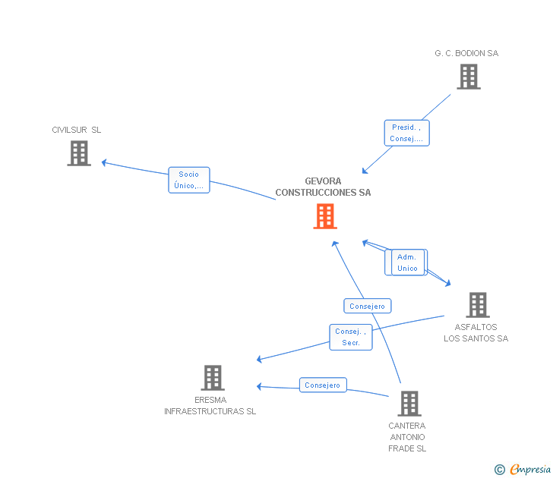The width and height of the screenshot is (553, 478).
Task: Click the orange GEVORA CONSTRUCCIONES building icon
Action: [325, 216]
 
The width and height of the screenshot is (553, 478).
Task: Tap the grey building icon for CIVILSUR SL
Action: [79, 153]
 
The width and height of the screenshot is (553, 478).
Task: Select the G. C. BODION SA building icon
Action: [469, 77]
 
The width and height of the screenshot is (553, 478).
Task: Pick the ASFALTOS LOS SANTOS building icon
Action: [478, 305]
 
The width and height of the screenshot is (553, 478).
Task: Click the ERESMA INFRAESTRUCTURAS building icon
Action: [213, 378]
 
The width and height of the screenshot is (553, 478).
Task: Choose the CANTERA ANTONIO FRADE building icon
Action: [409, 404]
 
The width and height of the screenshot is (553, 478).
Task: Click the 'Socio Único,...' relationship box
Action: [189, 180]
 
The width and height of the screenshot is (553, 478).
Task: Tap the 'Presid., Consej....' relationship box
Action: [406, 133]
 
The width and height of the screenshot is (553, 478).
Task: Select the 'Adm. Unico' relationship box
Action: [408, 263]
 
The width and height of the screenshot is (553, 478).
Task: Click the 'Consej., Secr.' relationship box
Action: [351, 337]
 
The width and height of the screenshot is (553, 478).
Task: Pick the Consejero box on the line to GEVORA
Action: [368, 306]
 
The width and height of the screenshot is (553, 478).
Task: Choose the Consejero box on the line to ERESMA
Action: [323, 385]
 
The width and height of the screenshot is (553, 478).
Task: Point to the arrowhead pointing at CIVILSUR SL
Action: [104, 162]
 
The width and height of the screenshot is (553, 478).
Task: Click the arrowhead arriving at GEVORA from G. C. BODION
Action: [365, 171]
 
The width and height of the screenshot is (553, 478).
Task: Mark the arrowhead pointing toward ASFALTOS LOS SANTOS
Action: [448, 283]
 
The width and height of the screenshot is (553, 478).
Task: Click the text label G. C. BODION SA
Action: [466, 53]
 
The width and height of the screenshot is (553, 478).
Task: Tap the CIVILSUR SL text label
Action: [77, 130]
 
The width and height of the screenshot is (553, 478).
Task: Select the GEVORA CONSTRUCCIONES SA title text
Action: [323, 187]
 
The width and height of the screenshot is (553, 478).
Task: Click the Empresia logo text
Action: [530, 469]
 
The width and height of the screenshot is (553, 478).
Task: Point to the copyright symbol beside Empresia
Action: [500, 470]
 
